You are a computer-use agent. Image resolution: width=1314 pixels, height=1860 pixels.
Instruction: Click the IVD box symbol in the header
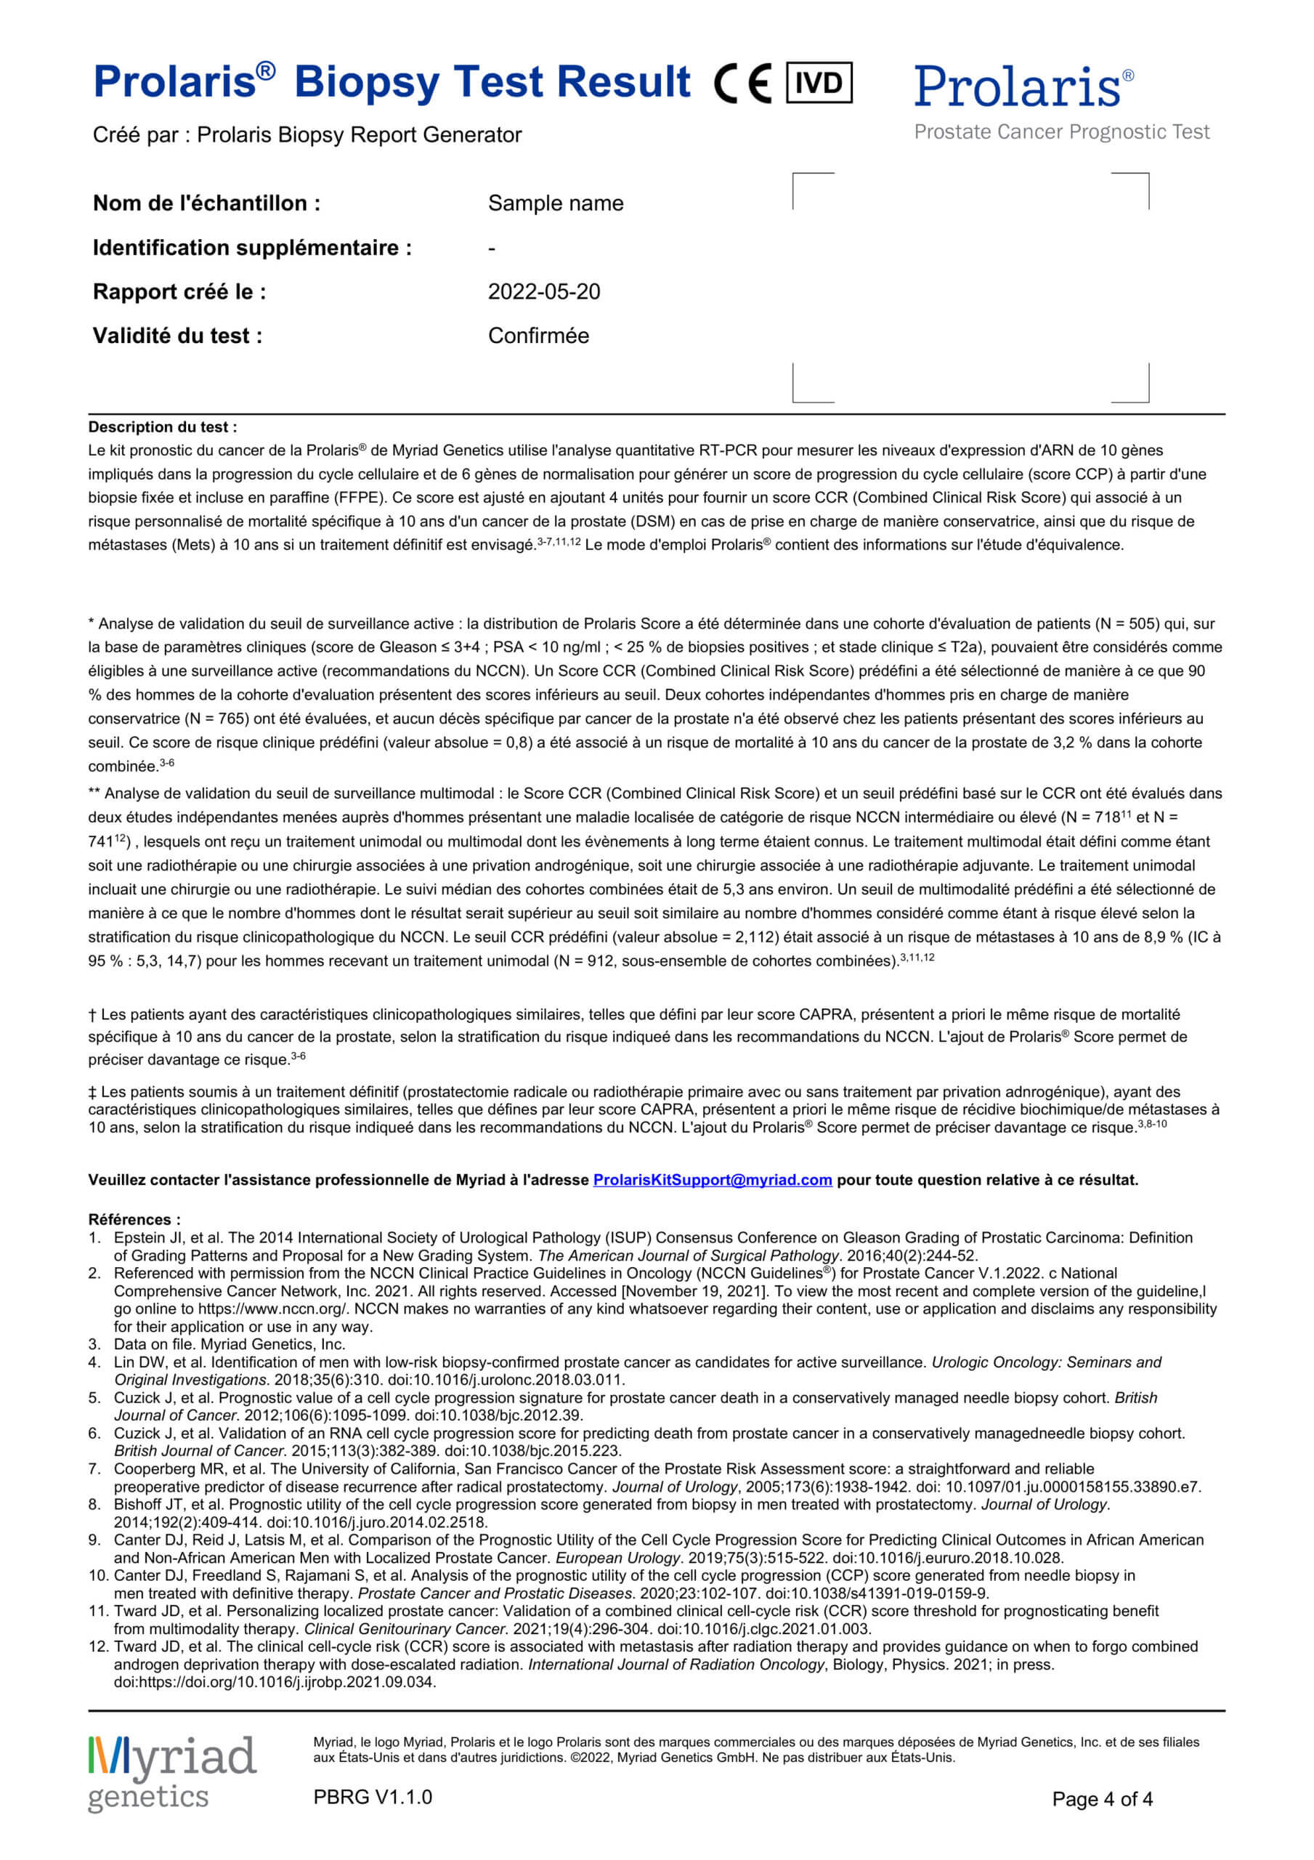point(819,82)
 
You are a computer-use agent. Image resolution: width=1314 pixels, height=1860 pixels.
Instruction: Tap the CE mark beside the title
point(742,84)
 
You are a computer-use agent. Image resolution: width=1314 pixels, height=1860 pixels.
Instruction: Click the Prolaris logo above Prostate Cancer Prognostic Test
point(1023,86)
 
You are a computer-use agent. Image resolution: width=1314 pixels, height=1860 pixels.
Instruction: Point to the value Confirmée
point(538,336)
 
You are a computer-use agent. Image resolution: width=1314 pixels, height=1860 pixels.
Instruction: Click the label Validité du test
point(177,336)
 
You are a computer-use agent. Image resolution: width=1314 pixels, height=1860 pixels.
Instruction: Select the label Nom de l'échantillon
point(206,203)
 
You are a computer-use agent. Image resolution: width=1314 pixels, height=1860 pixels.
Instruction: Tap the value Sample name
point(555,203)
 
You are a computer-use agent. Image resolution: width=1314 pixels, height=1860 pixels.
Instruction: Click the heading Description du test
point(163,427)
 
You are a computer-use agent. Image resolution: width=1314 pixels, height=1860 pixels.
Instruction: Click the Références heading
point(134,1219)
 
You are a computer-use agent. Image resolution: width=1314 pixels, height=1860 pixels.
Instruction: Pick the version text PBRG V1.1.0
point(373,1797)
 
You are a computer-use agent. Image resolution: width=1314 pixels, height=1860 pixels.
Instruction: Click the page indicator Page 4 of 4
point(1102,1799)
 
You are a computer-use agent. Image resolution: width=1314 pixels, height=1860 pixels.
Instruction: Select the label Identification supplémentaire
point(252,247)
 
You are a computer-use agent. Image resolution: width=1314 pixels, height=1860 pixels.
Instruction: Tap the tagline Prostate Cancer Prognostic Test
point(1061,132)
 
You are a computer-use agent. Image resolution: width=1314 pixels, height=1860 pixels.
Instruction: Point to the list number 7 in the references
point(94,1468)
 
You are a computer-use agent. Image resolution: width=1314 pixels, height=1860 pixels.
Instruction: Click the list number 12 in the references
point(98,1646)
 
